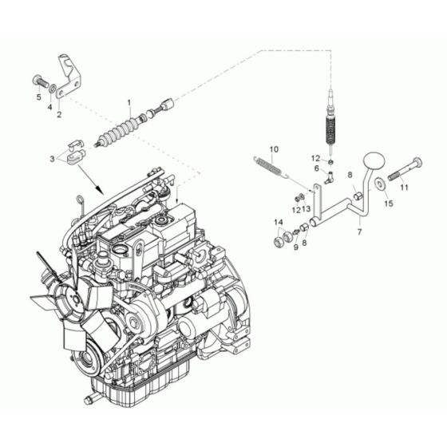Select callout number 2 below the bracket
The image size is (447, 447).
(58, 114)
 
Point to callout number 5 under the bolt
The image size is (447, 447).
(38, 97)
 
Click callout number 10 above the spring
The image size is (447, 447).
(273, 149)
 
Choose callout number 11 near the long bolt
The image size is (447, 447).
(404, 188)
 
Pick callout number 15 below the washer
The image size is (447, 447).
(389, 204)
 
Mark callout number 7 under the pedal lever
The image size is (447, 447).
(358, 231)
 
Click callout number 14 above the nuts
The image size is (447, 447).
(279, 221)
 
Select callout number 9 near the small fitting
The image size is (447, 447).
(295, 247)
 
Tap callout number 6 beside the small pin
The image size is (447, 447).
(316, 168)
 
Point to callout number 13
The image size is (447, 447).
(307, 209)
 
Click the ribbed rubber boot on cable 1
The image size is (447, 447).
(118, 129)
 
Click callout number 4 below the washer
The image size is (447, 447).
(49, 105)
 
